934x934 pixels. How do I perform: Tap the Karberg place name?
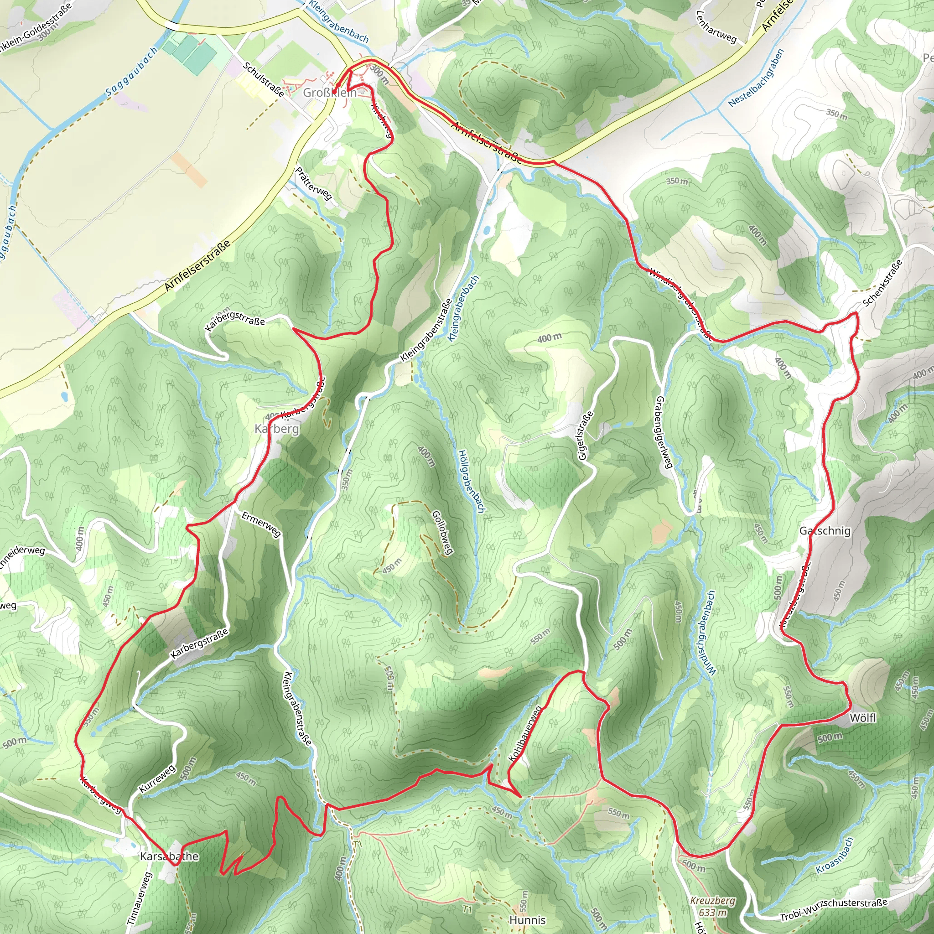point(276,429)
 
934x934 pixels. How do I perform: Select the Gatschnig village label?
point(825,531)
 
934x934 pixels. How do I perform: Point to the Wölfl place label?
point(862,718)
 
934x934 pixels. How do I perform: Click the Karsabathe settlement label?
point(169,856)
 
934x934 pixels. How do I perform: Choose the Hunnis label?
point(528,920)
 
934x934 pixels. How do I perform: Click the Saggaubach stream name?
point(131,71)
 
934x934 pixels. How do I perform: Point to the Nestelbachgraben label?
point(756,78)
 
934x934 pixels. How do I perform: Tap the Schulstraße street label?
point(264,79)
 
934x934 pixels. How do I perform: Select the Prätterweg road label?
point(313,184)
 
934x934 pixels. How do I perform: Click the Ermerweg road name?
point(261,524)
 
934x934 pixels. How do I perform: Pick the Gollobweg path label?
point(442,533)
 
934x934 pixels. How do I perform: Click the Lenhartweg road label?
point(716,27)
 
